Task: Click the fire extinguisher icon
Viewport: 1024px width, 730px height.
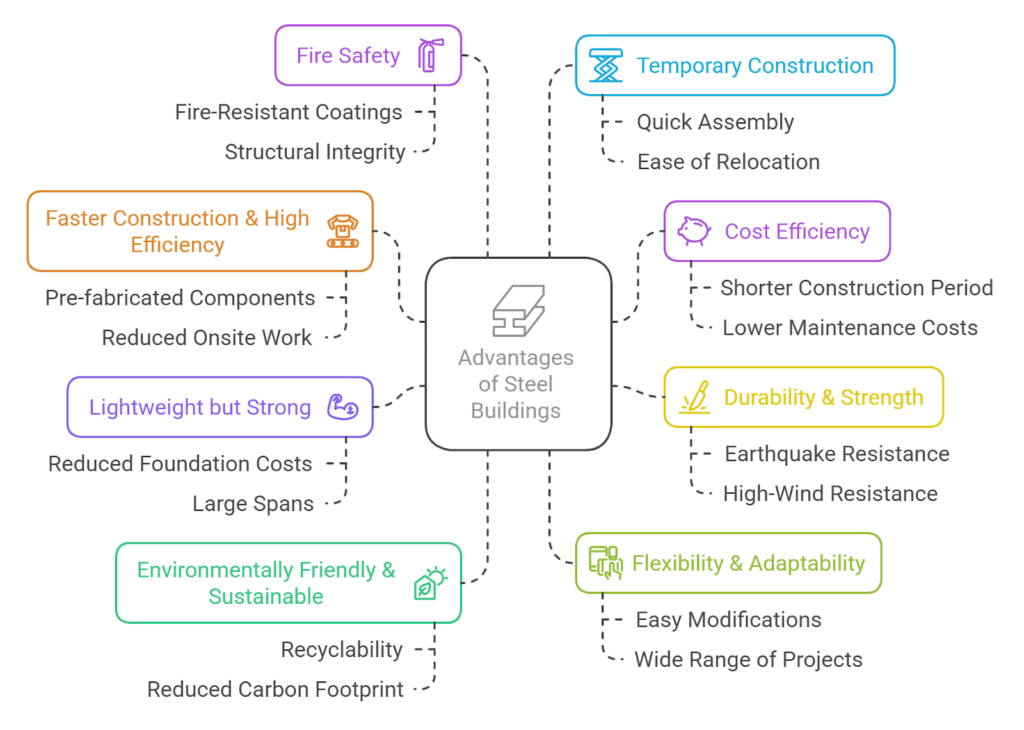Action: tap(430, 55)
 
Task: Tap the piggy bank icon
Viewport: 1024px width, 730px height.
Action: tap(694, 231)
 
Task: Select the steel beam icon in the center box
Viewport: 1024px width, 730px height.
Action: tap(518, 311)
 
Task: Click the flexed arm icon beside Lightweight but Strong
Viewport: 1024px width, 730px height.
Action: tap(342, 407)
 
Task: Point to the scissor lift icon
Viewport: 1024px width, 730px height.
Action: tap(605, 65)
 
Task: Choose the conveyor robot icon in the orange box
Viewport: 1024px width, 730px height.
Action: tap(343, 231)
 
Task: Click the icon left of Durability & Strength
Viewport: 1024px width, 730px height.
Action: tap(694, 397)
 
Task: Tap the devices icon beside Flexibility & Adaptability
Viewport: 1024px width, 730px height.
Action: tap(605, 563)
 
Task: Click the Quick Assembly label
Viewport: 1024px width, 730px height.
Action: tap(716, 122)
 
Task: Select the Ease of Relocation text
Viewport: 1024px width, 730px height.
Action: tap(729, 162)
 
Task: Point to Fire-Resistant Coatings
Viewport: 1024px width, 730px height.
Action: tap(289, 112)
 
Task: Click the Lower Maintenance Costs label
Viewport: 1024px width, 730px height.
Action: tap(851, 328)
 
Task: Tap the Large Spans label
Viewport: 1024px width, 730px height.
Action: tap(253, 504)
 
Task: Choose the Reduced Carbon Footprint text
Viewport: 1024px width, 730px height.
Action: tap(275, 689)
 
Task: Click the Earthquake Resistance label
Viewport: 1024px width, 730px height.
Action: tap(838, 454)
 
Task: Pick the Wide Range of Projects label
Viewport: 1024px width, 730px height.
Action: tap(749, 660)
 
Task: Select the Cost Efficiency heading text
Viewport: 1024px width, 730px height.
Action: tap(797, 231)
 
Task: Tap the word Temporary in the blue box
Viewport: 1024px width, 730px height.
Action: tap(689, 66)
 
